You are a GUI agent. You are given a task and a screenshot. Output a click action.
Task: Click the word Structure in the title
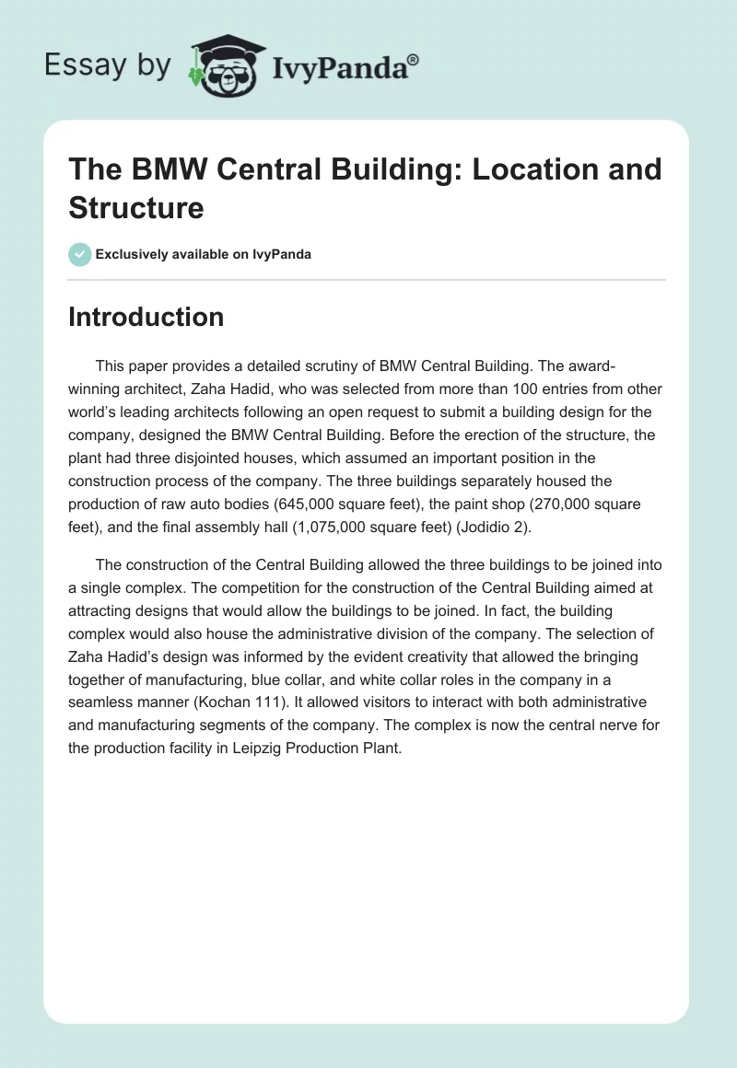coord(135,207)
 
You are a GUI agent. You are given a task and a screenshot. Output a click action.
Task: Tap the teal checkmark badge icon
coord(80,254)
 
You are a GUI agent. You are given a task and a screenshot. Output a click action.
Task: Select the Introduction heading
coord(146,317)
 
